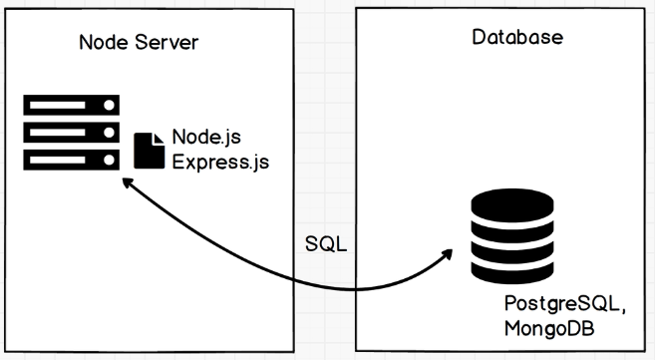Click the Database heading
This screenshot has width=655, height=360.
pos(517,38)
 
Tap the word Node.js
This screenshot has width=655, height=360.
pos(205,137)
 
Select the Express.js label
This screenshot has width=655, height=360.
pos(219,160)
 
